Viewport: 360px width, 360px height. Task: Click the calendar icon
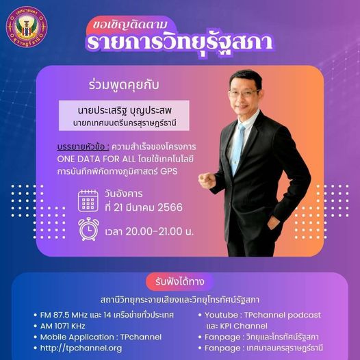pos(88,200)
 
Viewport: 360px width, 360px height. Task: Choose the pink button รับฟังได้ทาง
pos(179,282)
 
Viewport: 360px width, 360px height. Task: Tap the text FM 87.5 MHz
pos(70,314)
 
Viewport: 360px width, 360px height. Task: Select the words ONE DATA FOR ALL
pos(99,159)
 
